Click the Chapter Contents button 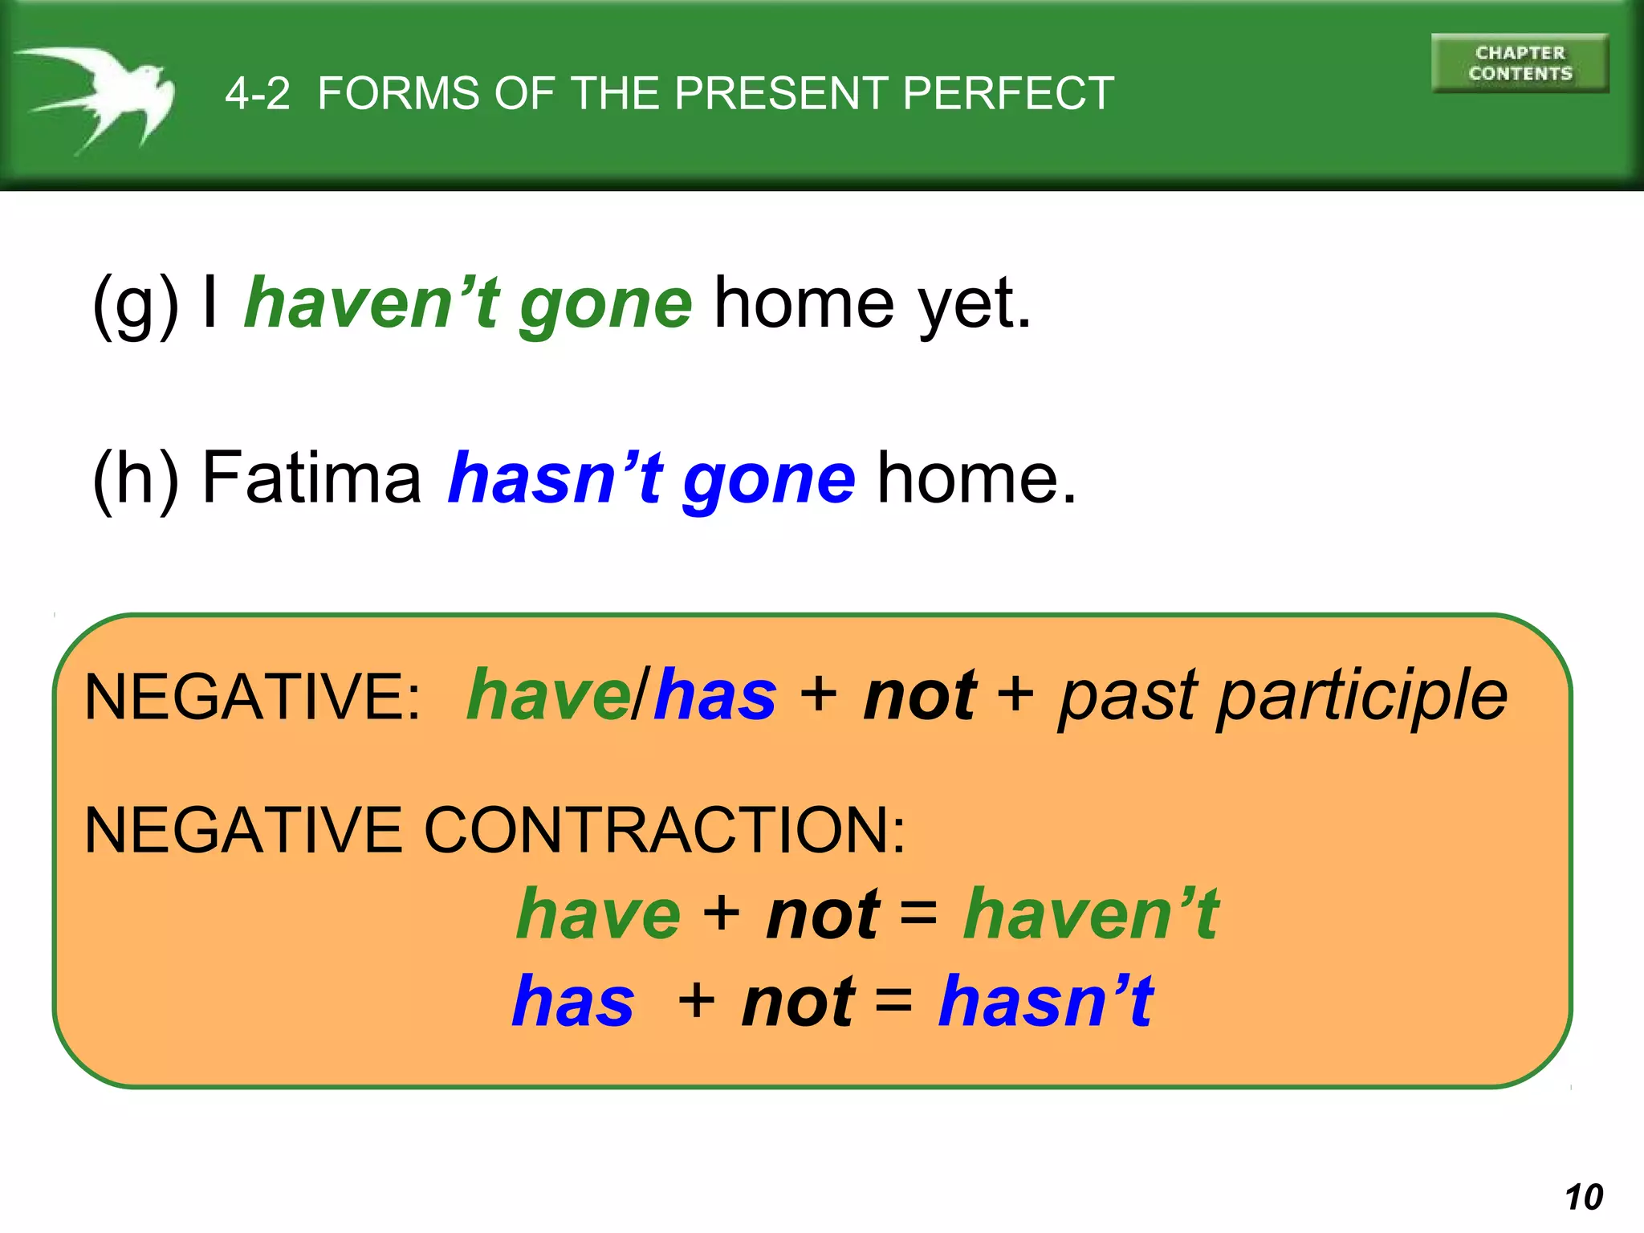coord(1520,63)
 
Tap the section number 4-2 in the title coord(257,94)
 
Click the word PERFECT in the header coord(1008,94)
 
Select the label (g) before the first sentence coord(136,305)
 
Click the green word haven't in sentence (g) coord(372,303)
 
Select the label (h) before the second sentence coord(136,479)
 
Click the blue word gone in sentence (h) coord(768,480)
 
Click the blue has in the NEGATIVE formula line coord(715,695)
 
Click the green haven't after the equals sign coord(1091,914)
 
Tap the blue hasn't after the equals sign coord(1046,1001)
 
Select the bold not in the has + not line coord(798,1002)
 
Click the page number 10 coord(1583,1197)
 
